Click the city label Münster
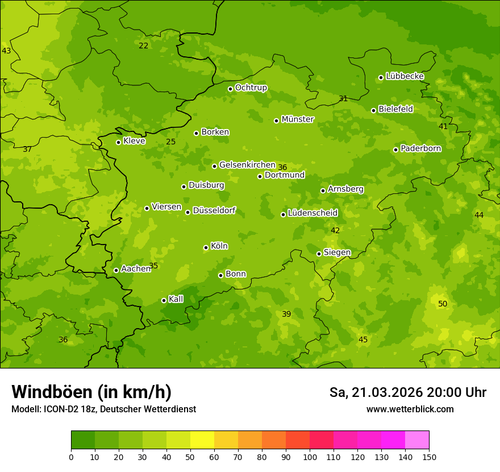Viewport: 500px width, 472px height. click(x=297, y=119)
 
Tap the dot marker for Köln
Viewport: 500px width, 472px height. click(x=206, y=247)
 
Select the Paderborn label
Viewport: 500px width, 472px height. click(x=420, y=148)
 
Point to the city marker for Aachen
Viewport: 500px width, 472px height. click(x=116, y=270)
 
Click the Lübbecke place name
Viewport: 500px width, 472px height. click(x=405, y=76)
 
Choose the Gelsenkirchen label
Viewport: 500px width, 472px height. click(x=247, y=165)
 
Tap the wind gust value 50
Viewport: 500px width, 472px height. click(x=443, y=304)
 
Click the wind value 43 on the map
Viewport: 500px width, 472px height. click(x=6, y=51)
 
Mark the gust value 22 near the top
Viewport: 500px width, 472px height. click(x=143, y=45)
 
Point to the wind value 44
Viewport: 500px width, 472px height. click(x=479, y=215)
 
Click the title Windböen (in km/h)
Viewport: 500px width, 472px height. click(x=91, y=392)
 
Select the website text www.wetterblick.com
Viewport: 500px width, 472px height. click(x=410, y=409)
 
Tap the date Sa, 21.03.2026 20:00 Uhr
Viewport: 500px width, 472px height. click(x=407, y=392)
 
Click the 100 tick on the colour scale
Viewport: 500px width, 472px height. click(x=310, y=457)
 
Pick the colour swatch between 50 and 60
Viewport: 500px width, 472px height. click(x=202, y=440)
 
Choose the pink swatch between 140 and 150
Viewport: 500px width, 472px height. click(x=417, y=440)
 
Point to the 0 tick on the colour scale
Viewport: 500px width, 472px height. click(x=71, y=457)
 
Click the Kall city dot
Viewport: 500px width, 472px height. click(x=164, y=300)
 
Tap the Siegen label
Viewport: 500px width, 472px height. click(x=337, y=252)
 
